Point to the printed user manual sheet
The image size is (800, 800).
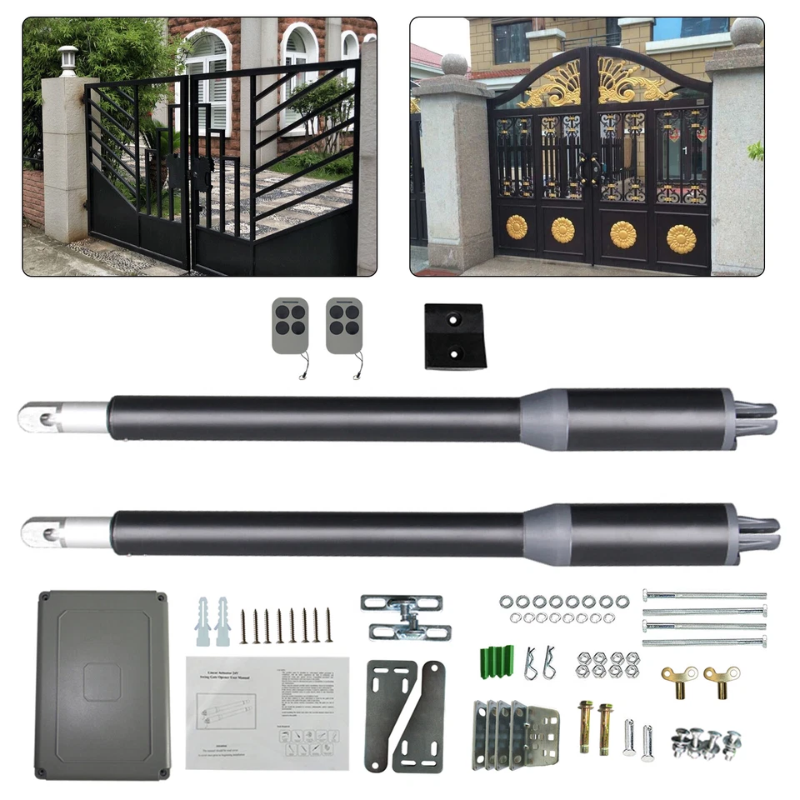pos(267,712)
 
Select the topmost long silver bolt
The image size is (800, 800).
pos(704,595)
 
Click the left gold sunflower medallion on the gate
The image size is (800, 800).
pos(517,226)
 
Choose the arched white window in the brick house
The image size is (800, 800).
pos(206,75)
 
